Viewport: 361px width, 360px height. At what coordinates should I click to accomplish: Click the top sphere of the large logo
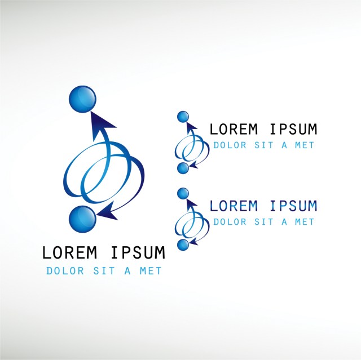[83, 100]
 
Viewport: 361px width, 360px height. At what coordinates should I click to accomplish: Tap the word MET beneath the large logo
[151, 271]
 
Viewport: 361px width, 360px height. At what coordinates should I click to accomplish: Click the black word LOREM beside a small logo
[234, 130]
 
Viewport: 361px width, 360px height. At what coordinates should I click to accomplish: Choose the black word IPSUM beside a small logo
[293, 130]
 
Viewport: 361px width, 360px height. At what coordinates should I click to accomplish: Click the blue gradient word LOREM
[234, 206]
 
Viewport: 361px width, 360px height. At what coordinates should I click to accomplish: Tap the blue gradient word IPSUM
[293, 206]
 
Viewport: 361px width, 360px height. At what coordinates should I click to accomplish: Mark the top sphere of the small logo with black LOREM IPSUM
[182, 117]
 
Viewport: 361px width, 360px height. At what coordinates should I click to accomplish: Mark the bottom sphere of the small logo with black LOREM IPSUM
[182, 168]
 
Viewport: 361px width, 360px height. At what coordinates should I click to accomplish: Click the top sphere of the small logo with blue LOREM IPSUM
[182, 193]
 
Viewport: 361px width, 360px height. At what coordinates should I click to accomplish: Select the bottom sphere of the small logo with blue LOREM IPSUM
[182, 245]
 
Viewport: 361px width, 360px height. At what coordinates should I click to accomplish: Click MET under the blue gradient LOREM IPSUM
[305, 222]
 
